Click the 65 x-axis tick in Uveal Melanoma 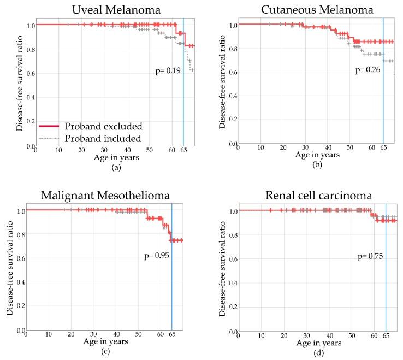[x=183, y=151]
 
